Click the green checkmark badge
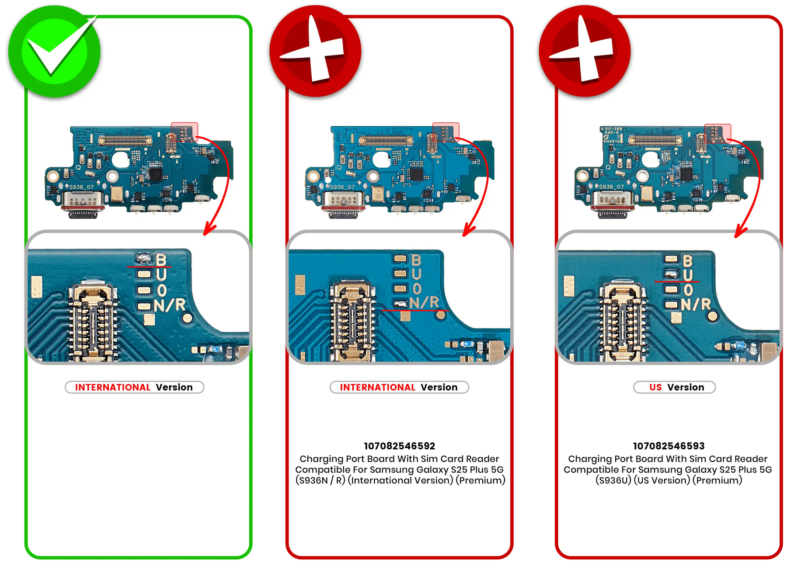coord(54,52)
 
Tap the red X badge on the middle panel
coord(315,51)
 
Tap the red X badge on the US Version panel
coord(585,51)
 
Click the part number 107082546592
coord(399,446)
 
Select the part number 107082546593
coord(669,446)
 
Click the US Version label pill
coord(674,387)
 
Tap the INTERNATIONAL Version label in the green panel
coord(134,387)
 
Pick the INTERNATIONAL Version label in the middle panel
coord(399,387)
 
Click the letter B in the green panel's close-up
coord(161,260)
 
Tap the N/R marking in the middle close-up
coord(424,302)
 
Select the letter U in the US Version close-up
coord(687,275)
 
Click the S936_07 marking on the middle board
coord(342,187)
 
